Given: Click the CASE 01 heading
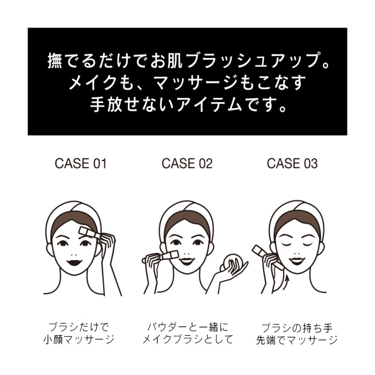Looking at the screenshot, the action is click(x=80, y=163).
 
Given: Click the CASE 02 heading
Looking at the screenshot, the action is click(x=187, y=163).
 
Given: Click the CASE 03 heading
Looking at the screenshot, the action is click(x=292, y=163).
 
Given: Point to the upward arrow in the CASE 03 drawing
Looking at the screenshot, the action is click(x=287, y=282).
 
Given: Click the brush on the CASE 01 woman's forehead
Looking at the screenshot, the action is click(x=89, y=233).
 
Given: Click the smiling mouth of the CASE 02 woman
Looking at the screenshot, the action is click(x=187, y=261).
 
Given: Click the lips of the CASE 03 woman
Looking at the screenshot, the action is click(x=296, y=261).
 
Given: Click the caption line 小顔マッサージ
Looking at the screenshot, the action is click(x=79, y=340).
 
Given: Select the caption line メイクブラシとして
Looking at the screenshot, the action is click(x=187, y=339).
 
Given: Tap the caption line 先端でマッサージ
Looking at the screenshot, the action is click(x=296, y=340).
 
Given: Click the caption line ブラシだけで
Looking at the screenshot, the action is click(x=79, y=327).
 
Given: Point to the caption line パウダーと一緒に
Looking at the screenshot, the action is click(x=187, y=327).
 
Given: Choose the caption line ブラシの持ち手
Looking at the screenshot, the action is click(x=296, y=328).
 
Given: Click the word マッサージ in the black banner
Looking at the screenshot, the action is click(x=195, y=83).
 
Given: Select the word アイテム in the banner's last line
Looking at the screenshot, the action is click(x=209, y=105).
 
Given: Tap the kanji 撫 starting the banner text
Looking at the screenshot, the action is click(x=56, y=61).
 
